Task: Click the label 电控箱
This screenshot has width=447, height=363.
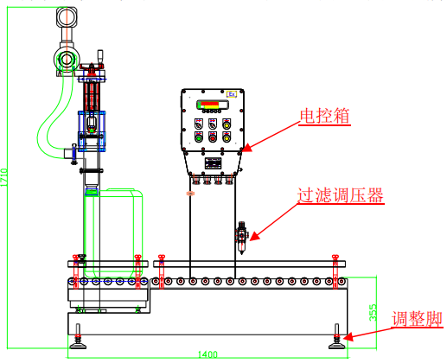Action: [x=324, y=116]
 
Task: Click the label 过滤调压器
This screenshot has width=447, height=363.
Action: [x=341, y=195]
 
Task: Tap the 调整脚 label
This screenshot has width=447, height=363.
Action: [x=417, y=319]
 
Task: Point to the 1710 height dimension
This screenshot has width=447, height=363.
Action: [x=3, y=177]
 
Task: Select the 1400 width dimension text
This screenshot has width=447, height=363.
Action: [x=208, y=354]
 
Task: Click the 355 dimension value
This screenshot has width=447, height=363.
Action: [x=373, y=312]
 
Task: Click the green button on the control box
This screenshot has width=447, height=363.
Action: [x=198, y=138]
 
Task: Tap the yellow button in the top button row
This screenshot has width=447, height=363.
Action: [x=227, y=125]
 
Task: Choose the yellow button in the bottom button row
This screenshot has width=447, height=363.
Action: [x=227, y=138]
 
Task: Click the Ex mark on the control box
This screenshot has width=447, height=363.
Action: [x=232, y=94]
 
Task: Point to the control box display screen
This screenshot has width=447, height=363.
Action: [x=213, y=105]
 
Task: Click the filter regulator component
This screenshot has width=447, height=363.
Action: [x=241, y=238]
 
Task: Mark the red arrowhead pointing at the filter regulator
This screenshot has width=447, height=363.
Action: [x=254, y=237]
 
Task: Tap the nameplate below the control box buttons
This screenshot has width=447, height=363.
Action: [x=213, y=163]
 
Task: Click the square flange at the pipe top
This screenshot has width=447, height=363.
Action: [x=67, y=17]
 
